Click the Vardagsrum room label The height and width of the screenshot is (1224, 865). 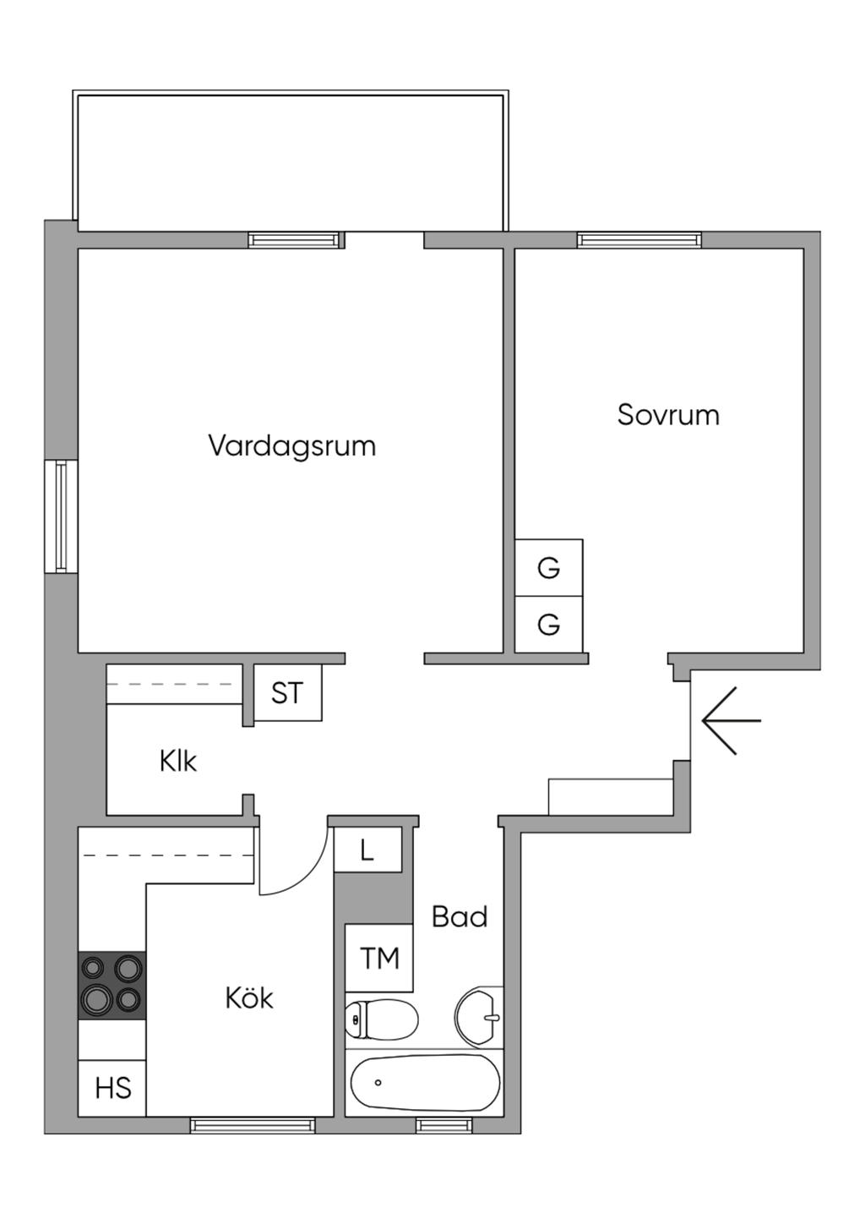(291, 445)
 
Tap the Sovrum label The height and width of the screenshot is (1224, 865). (667, 415)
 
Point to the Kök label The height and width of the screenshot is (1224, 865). (249, 998)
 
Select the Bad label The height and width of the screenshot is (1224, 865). (460, 917)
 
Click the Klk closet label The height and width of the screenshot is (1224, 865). (178, 762)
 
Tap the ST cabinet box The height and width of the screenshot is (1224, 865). (287, 693)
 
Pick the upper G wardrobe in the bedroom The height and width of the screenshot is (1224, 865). (549, 568)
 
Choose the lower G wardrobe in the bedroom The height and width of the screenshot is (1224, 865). (549, 625)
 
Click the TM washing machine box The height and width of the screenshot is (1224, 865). (379, 958)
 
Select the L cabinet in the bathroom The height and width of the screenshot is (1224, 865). (367, 850)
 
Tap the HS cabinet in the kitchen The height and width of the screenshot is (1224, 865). (112, 1088)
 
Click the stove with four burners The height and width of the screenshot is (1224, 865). (112, 986)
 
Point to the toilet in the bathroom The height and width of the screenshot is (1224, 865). (382, 1019)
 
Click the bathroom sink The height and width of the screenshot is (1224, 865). (478, 1017)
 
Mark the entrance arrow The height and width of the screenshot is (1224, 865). (731, 720)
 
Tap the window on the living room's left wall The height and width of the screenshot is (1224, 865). (61, 516)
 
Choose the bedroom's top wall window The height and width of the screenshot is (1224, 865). (639, 240)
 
